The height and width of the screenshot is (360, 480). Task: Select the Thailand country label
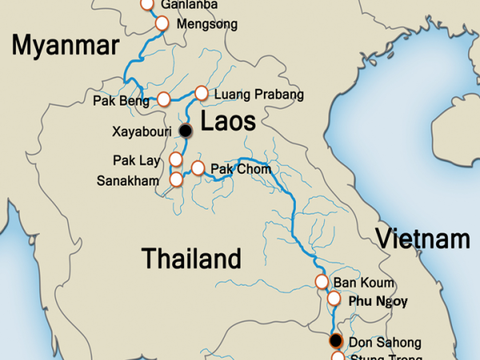(191, 258)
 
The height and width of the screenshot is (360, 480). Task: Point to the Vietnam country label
(423, 238)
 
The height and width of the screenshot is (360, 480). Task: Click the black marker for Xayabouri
(186, 130)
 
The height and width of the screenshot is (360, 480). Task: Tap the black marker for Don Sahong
(336, 341)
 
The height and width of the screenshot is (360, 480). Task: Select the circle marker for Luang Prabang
(202, 93)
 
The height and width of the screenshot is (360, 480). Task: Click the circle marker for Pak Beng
(164, 99)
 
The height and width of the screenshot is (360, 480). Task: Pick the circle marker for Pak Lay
(176, 159)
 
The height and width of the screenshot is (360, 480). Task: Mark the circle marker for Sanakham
(176, 179)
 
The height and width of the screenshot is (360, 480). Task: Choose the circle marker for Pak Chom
(198, 168)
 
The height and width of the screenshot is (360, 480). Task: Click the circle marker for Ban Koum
(322, 282)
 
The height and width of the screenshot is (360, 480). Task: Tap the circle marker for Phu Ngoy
(334, 298)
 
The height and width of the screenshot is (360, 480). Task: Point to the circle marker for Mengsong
(161, 23)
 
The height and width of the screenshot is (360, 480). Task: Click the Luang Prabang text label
(260, 94)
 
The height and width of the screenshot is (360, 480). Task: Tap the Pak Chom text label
(241, 169)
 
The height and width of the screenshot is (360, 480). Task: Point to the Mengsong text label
(206, 24)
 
